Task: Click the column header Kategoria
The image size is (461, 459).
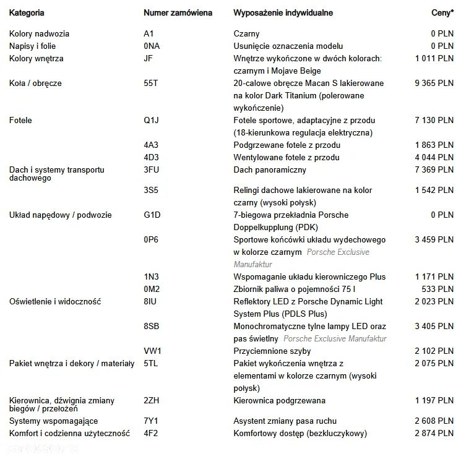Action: tap(27, 12)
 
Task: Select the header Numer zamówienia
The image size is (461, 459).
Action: tap(178, 12)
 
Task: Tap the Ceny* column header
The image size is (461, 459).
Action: tap(442, 12)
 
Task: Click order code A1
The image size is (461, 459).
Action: tap(149, 34)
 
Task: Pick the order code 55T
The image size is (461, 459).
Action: tap(150, 84)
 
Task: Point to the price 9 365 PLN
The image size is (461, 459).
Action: tap(434, 84)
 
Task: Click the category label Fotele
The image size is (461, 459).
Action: tap(20, 121)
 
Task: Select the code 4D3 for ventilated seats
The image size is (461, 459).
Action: tap(151, 157)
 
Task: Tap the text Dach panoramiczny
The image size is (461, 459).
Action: tap(270, 169)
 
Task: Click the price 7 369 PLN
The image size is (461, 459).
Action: tap(434, 169)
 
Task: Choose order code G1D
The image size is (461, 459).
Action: tap(152, 215)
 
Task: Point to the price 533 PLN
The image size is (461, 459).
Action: tap(438, 289)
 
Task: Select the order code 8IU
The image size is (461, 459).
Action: tap(150, 301)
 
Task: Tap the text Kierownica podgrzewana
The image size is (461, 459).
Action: tap(279, 401)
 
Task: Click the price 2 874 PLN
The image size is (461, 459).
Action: tap(434, 434)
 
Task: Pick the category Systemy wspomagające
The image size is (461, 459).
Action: tap(53, 421)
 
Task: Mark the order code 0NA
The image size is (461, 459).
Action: tap(152, 46)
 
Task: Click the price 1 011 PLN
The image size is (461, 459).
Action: tap(434, 59)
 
